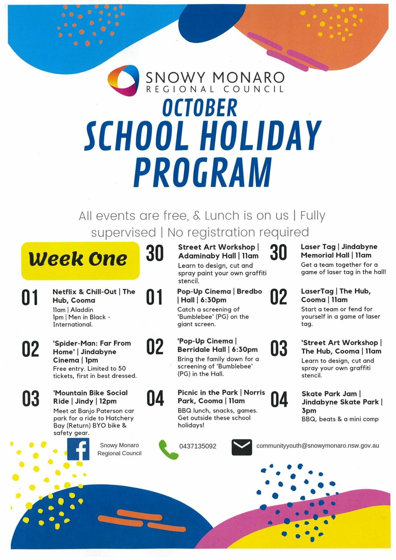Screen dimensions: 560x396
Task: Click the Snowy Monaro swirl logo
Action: tap(122, 80)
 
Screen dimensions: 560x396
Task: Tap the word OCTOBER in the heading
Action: tap(200, 108)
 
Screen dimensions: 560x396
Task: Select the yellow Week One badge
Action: tap(80, 260)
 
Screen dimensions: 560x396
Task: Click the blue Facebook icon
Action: tap(78, 449)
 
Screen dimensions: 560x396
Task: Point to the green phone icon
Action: tap(168, 449)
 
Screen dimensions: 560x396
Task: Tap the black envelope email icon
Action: tap(242, 447)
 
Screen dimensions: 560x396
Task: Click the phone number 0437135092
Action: tap(198, 446)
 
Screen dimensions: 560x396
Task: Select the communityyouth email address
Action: tap(318, 446)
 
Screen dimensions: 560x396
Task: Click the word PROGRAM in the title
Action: tap(203, 173)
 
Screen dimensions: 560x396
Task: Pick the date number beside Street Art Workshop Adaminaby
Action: tap(155, 253)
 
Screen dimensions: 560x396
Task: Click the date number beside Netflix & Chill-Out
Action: tap(30, 297)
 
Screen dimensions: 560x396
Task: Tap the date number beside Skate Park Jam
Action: tap(279, 400)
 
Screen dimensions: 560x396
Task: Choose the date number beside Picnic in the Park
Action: tap(155, 399)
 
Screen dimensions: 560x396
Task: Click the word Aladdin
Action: tap(82, 310)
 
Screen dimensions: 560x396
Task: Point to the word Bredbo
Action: tap(249, 291)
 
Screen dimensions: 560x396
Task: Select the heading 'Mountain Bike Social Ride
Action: tap(90, 397)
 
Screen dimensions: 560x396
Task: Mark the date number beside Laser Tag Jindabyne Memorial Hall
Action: tap(278, 253)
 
